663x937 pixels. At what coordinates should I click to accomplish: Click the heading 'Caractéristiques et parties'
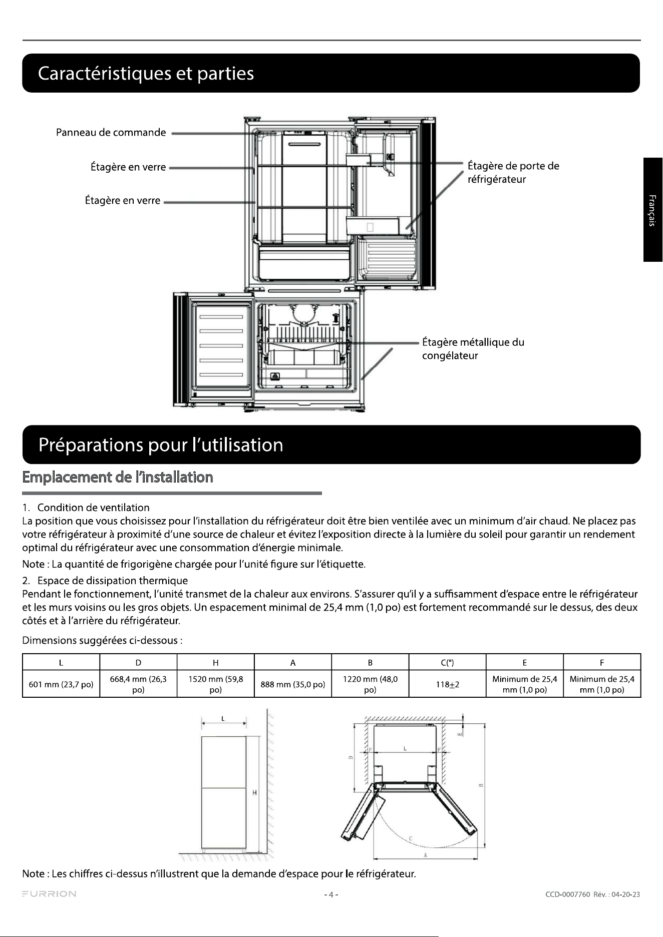[146, 74]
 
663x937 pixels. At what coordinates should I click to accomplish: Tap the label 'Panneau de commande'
[111, 133]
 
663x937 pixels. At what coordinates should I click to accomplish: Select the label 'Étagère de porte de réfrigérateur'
[513, 172]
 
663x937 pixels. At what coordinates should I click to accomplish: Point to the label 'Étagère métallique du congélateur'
[473, 349]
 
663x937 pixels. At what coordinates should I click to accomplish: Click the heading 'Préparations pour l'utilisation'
[161, 445]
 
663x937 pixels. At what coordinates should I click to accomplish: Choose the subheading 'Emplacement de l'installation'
[118, 477]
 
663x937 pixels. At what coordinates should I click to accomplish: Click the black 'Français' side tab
[653, 210]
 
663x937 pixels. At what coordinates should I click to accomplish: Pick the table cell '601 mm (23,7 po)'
[61, 684]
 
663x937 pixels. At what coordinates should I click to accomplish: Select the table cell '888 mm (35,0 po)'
[293, 684]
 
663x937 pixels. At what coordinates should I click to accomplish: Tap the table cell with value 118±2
[448, 684]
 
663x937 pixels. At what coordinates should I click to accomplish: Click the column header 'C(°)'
[448, 663]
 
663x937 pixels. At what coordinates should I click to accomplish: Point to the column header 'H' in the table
[216, 663]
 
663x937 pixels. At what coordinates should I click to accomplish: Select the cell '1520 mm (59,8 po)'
[216, 684]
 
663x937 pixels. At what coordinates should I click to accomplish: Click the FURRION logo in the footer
[49, 894]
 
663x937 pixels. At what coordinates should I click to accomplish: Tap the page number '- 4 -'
[331, 894]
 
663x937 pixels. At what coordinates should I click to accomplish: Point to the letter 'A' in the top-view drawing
[425, 855]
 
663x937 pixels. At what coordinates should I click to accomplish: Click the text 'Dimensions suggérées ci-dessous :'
[102, 641]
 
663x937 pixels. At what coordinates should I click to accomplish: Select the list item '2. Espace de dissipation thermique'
[105, 581]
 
